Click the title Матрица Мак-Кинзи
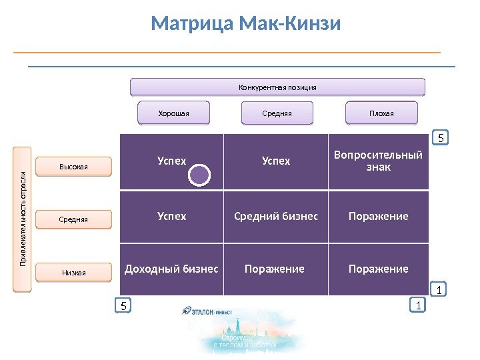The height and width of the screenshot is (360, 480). point(246,25)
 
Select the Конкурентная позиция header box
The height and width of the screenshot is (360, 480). point(277,87)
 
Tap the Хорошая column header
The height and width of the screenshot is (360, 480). point(173,113)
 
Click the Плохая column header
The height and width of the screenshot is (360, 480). point(381,113)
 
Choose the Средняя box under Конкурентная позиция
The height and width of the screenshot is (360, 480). point(277,113)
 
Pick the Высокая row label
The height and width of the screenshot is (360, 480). point(73,167)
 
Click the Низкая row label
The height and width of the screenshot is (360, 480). point(73,272)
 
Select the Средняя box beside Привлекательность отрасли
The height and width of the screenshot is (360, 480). point(73,219)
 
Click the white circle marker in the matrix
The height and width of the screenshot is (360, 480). point(199,175)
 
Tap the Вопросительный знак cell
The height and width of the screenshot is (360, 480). point(378,161)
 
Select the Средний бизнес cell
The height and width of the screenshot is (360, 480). point(276,216)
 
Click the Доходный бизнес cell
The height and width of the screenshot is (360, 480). point(172,269)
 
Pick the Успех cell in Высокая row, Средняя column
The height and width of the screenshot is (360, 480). point(276,161)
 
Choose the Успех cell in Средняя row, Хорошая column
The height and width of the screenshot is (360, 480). point(172,216)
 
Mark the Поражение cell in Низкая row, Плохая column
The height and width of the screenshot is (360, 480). point(378,269)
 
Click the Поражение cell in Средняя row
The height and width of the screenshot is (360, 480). point(378,216)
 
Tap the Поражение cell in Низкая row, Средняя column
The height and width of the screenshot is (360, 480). point(275,269)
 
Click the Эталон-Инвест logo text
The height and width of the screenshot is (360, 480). point(213,310)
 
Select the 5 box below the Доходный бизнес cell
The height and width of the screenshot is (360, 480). point(123,305)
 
